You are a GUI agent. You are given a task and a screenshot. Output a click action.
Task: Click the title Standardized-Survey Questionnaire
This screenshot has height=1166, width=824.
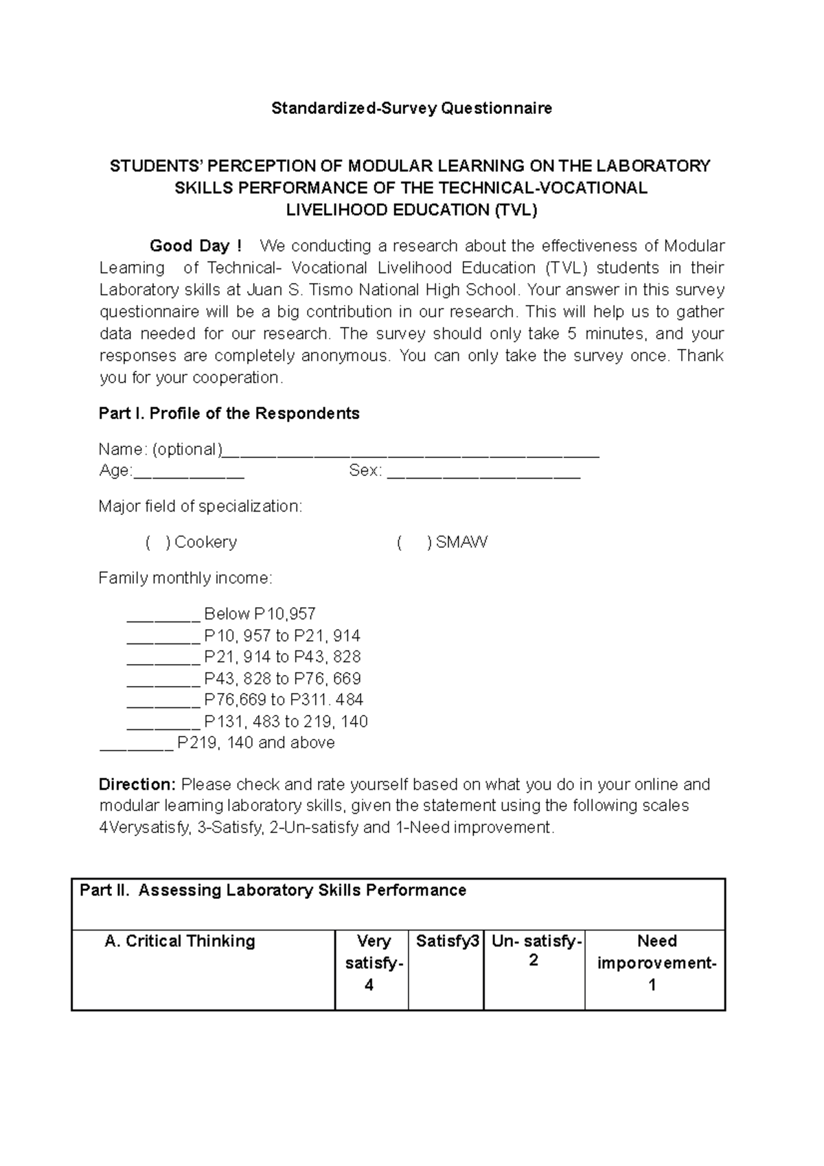[411, 108]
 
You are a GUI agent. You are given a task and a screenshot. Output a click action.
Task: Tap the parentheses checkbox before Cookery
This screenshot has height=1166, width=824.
[158, 542]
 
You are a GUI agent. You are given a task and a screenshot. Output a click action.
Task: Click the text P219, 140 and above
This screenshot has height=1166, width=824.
[255, 743]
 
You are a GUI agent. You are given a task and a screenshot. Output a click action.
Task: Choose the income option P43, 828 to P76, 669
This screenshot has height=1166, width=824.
[282, 679]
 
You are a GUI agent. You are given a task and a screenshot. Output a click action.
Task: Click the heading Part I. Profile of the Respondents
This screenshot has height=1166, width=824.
[229, 413]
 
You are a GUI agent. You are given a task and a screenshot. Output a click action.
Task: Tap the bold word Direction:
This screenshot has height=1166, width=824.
[138, 784]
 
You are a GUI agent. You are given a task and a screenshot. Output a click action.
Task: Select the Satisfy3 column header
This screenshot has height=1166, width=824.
[447, 941]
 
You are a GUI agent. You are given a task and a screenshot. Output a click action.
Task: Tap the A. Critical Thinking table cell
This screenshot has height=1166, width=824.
[180, 941]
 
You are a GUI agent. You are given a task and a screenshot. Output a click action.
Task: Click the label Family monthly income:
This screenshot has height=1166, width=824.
[185, 578]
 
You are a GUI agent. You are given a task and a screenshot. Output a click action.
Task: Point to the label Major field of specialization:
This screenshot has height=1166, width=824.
[200, 507]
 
